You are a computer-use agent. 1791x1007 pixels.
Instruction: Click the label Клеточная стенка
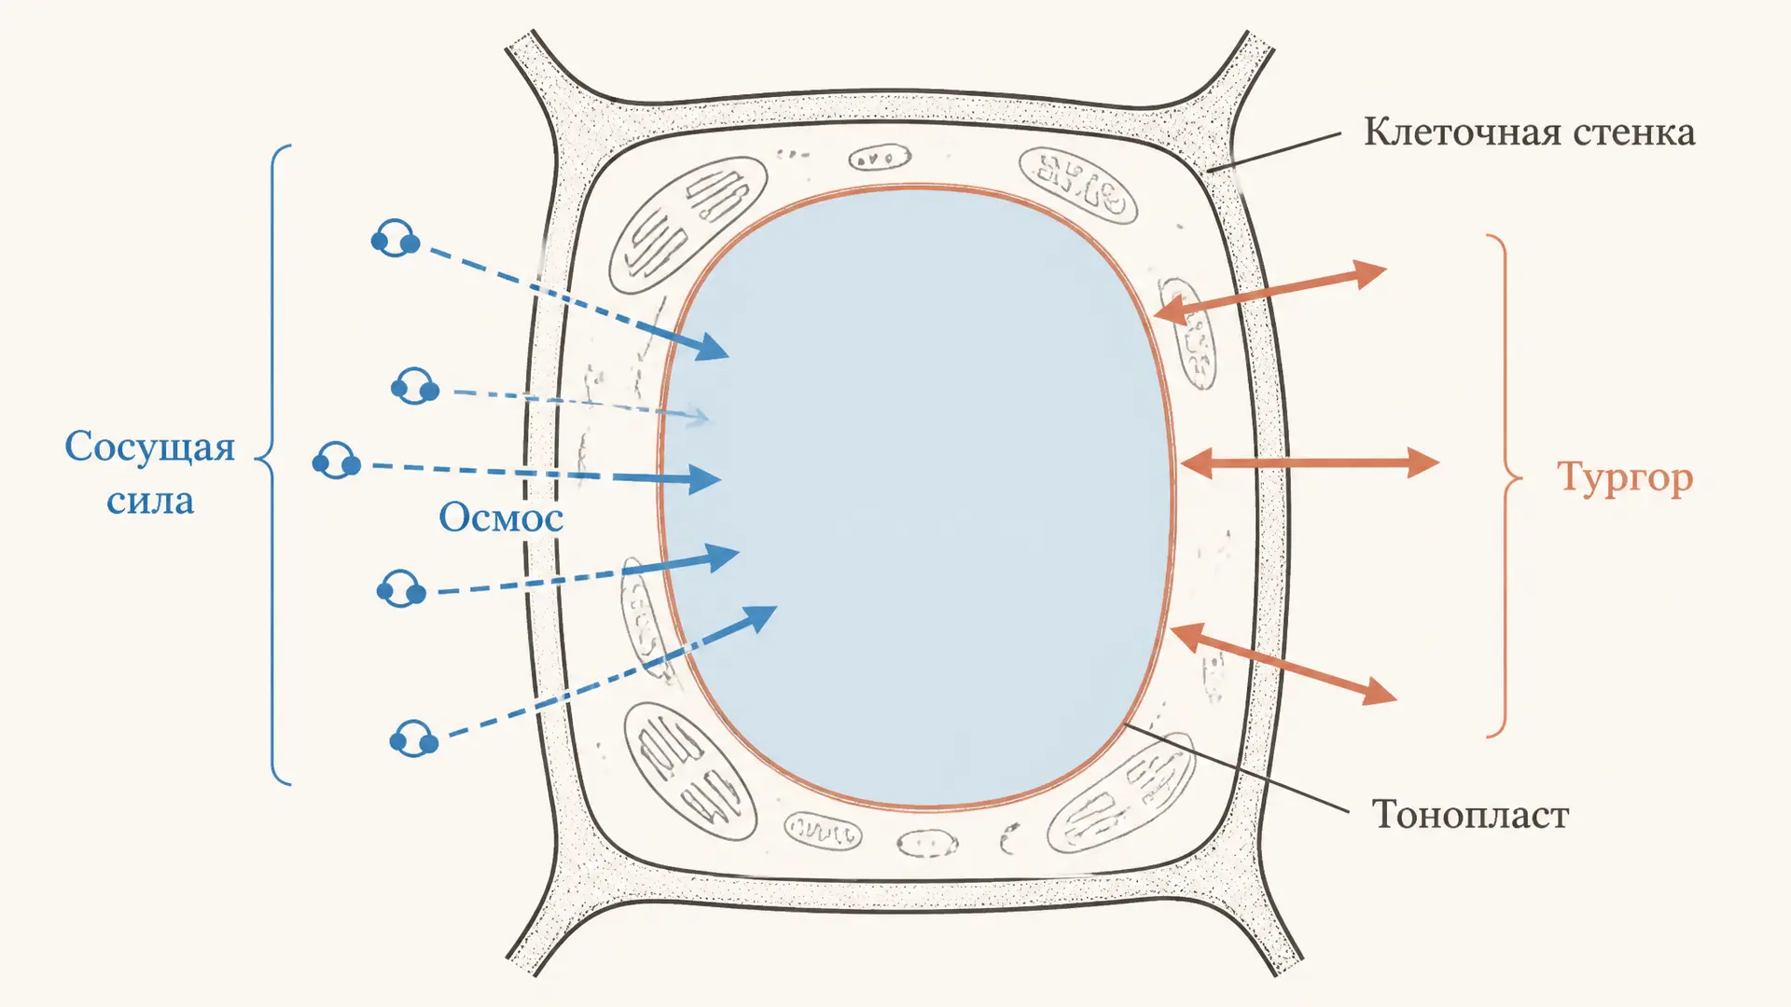(1529, 132)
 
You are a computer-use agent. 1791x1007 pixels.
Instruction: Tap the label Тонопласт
(1470, 815)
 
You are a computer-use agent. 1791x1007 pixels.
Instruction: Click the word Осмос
(501, 517)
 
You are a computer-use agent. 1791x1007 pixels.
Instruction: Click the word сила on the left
(150, 502)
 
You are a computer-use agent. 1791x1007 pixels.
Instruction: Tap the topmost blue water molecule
(396, 239)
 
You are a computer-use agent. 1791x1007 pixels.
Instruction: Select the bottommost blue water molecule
(414, 738)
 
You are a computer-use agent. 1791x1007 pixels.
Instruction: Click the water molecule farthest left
(337, 461)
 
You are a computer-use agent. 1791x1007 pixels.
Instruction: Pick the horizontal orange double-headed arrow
(1310, 462)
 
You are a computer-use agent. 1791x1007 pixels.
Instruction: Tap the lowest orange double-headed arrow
(1283, 664)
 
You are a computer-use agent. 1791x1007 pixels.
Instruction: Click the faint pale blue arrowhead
(698, 416)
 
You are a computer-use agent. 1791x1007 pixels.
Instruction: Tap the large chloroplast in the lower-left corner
(690, 771)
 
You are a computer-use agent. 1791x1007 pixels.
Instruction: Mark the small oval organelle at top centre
(880, 158)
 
